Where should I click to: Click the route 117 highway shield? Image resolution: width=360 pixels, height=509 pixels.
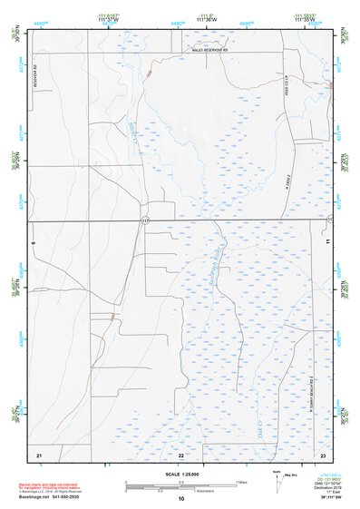[x=145, y=220]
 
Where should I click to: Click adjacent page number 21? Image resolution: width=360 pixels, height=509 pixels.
[x=39, y=453]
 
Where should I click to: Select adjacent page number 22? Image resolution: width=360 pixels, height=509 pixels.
[x=181, y=453]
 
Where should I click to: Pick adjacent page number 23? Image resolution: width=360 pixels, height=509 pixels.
[x=322, y=453]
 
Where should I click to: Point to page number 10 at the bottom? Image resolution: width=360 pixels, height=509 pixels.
[x=181, y=499]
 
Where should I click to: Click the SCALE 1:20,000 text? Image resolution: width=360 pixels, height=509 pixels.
[x=181, y=474]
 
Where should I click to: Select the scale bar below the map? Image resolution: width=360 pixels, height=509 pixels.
[x=180, y=483]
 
